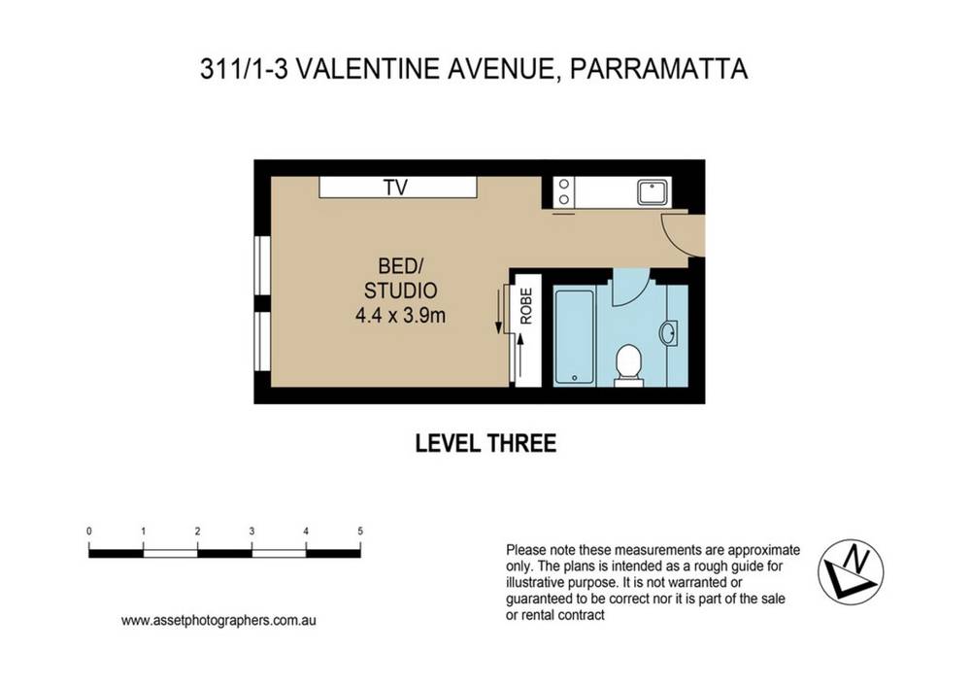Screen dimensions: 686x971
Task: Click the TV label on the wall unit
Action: click(393, 188)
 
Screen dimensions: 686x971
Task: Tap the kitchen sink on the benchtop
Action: click(651, 191)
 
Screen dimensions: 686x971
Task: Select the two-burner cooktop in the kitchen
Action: click(562, 191)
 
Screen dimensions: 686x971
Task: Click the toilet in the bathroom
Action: click(629, 364)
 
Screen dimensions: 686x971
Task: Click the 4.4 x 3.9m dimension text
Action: click(401, 314)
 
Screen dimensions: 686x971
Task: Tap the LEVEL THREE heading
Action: click(485, 444)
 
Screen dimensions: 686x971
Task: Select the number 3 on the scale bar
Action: click(251, 532)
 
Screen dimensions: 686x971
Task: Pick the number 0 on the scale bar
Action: click(89, 532)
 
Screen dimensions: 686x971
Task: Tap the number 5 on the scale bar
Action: click(360, 532)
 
